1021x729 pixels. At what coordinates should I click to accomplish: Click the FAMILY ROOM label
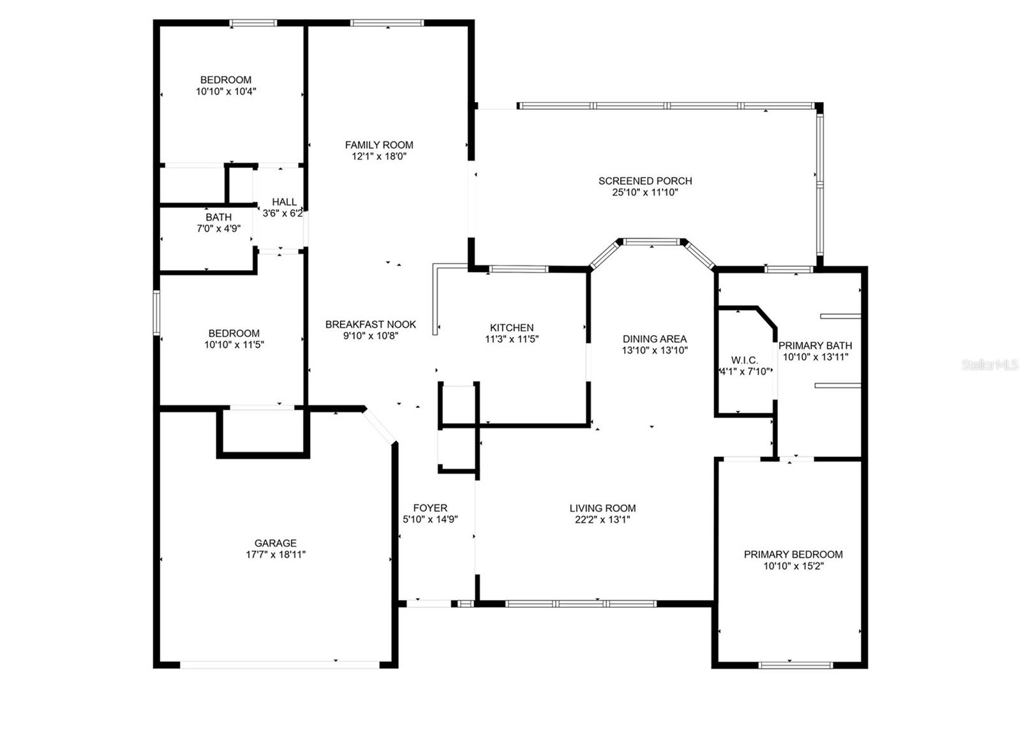pyautogui.click(x=379, y=145)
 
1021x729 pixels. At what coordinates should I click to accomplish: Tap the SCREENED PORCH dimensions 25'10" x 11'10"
pyautogui.click(x=645, y=192)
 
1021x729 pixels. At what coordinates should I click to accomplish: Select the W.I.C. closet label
pyautogui.click(x=744, y=361)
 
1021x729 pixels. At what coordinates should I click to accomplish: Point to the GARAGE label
pyautogui.click(x=276, y=543)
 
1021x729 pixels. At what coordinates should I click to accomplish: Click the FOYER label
pyautogui.click(x=430, y=508)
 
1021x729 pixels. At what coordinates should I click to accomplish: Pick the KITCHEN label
pyautogui.click(x=512, y=328)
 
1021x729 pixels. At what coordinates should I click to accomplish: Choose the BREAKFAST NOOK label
pyautogui.click(x=370, y=324)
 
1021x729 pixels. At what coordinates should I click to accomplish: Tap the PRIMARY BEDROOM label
pyautogui.click(x=793, y=554)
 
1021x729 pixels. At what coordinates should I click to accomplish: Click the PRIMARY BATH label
pyautogui.click(x=815, y=346)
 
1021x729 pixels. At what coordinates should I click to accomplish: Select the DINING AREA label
pyautogui.click(x=655, y=339)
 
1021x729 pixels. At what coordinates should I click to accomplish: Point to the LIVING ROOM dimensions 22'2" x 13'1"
pyautogui.click(x=602, y=520)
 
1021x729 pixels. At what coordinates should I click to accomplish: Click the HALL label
pyautogui.click(x=284, y=202)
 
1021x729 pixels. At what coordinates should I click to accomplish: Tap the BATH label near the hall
pyautogui.click(x=218, y=218)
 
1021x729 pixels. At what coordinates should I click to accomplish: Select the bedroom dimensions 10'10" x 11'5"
pyautogui.click(x=234, y=345)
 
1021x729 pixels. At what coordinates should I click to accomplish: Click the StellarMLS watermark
pyautogui.click(x=990, y=365)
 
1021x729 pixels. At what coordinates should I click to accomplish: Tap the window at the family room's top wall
pyautogui.click(x=387, y=24)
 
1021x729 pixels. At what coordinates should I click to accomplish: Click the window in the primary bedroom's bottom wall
pyautogui.click(x=795, y=665)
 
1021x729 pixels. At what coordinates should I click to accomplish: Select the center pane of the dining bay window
pyautogui.click(x=652, y=242)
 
